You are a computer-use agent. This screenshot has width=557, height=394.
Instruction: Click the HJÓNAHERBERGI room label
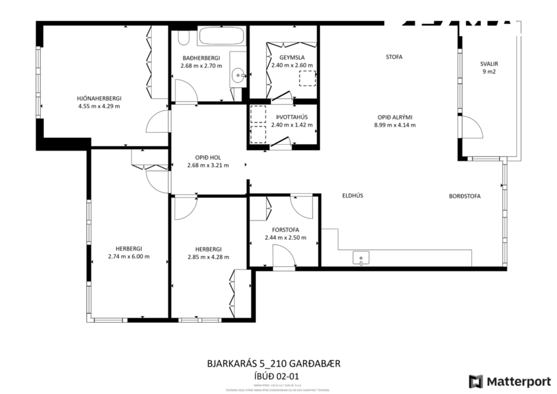98,98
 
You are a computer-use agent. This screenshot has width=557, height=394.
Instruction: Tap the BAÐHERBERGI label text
201,57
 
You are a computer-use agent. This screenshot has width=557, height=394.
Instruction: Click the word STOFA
394,57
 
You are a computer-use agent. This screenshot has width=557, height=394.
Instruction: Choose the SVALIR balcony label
490,64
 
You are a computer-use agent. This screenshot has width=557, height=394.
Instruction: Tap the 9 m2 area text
490,72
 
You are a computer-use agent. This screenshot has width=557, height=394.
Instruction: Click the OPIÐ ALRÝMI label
394,117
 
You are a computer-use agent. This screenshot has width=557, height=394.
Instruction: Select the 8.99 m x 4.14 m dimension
394,125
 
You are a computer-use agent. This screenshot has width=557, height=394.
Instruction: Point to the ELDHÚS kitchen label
352,196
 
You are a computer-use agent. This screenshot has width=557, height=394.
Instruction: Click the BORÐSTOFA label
464,196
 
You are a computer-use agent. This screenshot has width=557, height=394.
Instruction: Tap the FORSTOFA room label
285,229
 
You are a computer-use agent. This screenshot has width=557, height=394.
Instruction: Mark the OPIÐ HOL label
208,157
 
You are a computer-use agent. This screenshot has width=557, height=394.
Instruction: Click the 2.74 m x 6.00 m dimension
128,257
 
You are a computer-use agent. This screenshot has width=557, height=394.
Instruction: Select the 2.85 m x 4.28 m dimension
208,257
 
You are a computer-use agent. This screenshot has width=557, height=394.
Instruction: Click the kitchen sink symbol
361,258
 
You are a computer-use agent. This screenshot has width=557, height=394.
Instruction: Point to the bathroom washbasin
239,75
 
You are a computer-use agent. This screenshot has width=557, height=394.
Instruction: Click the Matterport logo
510,381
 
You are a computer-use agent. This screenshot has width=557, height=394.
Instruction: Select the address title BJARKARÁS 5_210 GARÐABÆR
274,364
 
